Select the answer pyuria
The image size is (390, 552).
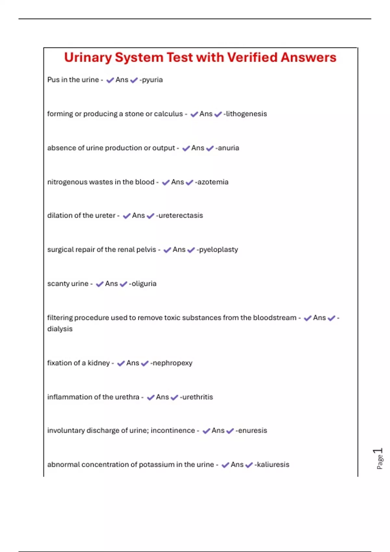coord(152,80)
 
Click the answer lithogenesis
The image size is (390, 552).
coord(246,114)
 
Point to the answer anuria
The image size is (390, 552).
coord(228,148)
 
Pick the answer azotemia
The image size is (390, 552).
coord(213,182)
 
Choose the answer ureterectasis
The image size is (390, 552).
coord(180,216)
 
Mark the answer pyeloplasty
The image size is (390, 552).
coord(218,250)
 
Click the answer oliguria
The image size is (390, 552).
coord(144,284)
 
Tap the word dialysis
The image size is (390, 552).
coord(60,329)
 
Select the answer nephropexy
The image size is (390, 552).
coord(172,363)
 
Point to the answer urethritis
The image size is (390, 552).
coord(197,397)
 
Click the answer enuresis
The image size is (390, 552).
coord(252,431)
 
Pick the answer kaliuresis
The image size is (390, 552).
coord(273,465)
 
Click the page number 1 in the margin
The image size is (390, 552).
coord(378,451)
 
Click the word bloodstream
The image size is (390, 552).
coord(275,318)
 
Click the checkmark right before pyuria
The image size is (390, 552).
coord(134,80)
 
